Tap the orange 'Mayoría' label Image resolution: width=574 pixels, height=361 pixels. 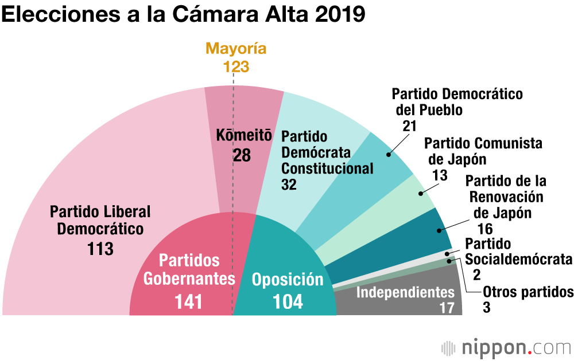(x=236, y=49)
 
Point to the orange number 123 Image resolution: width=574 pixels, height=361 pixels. (x=236, y=66)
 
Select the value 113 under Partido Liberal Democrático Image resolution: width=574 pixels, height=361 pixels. (x=100, y=249)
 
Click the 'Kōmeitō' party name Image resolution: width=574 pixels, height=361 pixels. (x=243, y=136)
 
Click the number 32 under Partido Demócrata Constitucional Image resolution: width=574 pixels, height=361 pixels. (x=289, y=184)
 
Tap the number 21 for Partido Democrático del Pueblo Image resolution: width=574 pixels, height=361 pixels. (x=409, y=125)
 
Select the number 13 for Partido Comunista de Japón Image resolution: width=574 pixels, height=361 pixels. (x=440, y=175)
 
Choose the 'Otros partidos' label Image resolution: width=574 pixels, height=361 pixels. (x=528, y=292)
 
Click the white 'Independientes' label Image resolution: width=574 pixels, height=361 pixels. (x=405, y=292)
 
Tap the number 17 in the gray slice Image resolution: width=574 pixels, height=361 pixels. (x=447, y=307)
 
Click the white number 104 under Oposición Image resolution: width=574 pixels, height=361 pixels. (x=288, y=301)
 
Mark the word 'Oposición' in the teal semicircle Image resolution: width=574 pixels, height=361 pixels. (x=288, y=280)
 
